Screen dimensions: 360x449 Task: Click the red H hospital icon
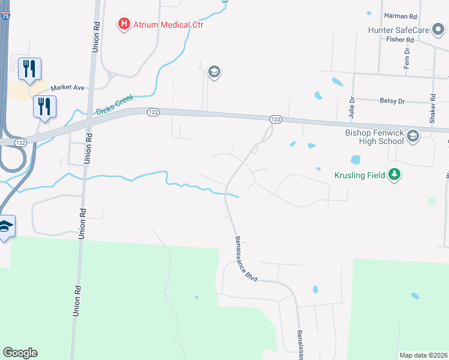124,24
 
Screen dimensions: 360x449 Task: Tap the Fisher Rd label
400,40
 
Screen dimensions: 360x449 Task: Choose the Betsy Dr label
393,101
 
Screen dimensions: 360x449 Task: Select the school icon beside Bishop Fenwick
412,137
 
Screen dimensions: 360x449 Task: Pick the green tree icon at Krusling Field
394,175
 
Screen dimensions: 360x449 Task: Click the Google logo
20,353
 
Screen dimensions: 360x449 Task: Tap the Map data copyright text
423,355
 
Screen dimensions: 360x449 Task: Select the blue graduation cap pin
5,227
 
